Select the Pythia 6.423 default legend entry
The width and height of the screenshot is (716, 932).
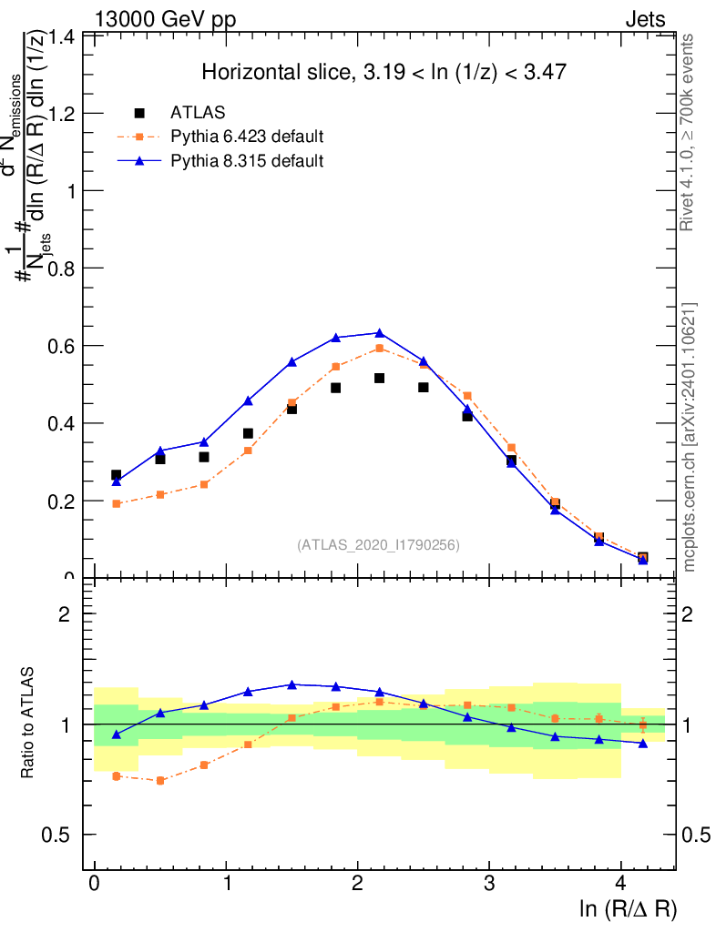tap(247, 137)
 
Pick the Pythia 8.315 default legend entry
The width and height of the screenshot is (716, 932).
tap(247, 161)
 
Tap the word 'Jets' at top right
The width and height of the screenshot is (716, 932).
tap(644, 19)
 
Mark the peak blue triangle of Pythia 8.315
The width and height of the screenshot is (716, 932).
tap(379, 333)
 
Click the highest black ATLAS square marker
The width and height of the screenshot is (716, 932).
tap(379, 378)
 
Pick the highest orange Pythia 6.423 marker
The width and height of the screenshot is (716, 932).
tap(379, 348)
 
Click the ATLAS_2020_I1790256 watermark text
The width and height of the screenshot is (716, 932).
tap(378, 544)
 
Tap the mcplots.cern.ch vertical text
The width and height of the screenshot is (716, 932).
tap(690, 437)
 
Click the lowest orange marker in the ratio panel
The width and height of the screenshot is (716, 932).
tap(160, 780)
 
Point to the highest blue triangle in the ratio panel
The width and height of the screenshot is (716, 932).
tap(292, 684)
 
